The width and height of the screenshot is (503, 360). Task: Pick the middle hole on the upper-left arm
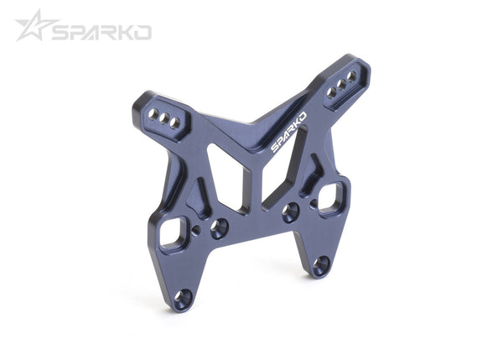[x=165, y=117]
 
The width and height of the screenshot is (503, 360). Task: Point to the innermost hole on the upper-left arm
[x=176, y=123]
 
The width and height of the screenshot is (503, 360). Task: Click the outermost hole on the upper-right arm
[x=352, y=76]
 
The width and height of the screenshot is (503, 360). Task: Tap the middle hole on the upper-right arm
[x=342, y=84]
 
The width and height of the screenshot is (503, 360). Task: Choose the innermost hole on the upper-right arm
[x=332, y=92]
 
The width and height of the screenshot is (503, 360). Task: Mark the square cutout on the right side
[x=332, y=197]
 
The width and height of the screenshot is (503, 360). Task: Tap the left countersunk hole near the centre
[x=220, y=227]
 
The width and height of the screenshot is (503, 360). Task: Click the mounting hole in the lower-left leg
[x=183, y=297]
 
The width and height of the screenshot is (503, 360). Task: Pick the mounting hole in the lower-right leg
[x=320, y=265]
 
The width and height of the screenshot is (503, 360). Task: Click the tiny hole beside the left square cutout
[x=196, y=229]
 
